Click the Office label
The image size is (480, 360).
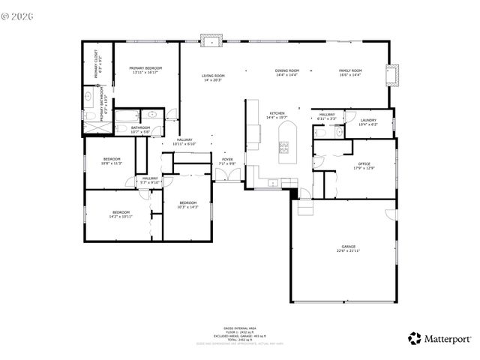pos(364,166)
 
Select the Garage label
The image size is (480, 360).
pos(348,248)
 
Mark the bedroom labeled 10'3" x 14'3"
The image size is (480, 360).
pos(187,204)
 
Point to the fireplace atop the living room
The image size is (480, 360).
pos(211,40)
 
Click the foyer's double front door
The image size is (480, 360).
pos(226,175)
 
